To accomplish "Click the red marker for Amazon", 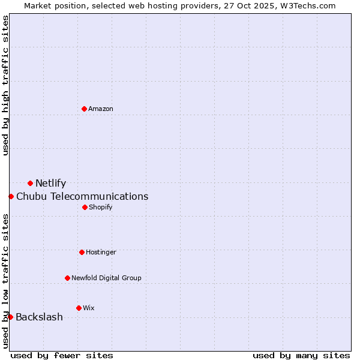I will (84, 109).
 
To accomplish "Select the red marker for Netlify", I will (30, 183).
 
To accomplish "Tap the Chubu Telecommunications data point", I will (11, 196).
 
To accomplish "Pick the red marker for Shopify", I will (85, 207).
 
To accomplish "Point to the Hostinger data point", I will (82, 252).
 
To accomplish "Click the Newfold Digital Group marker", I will (67, 278).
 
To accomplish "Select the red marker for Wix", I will (79, 308).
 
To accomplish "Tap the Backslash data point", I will (10, 317).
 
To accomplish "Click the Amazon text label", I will (101, 109).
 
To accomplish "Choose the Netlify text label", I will (51, 184).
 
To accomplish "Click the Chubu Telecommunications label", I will (82, 197).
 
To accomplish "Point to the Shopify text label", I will (101, 207).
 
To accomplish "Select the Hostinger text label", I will (101, 252).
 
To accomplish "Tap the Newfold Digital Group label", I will (106, 278).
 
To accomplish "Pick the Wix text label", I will (89, 308).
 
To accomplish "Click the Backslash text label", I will (39, 317).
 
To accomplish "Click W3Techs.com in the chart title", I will (305, 5).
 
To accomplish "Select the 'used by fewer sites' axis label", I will (62, 355).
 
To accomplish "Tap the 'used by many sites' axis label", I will (301, 355).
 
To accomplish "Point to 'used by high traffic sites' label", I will (5, 86).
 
